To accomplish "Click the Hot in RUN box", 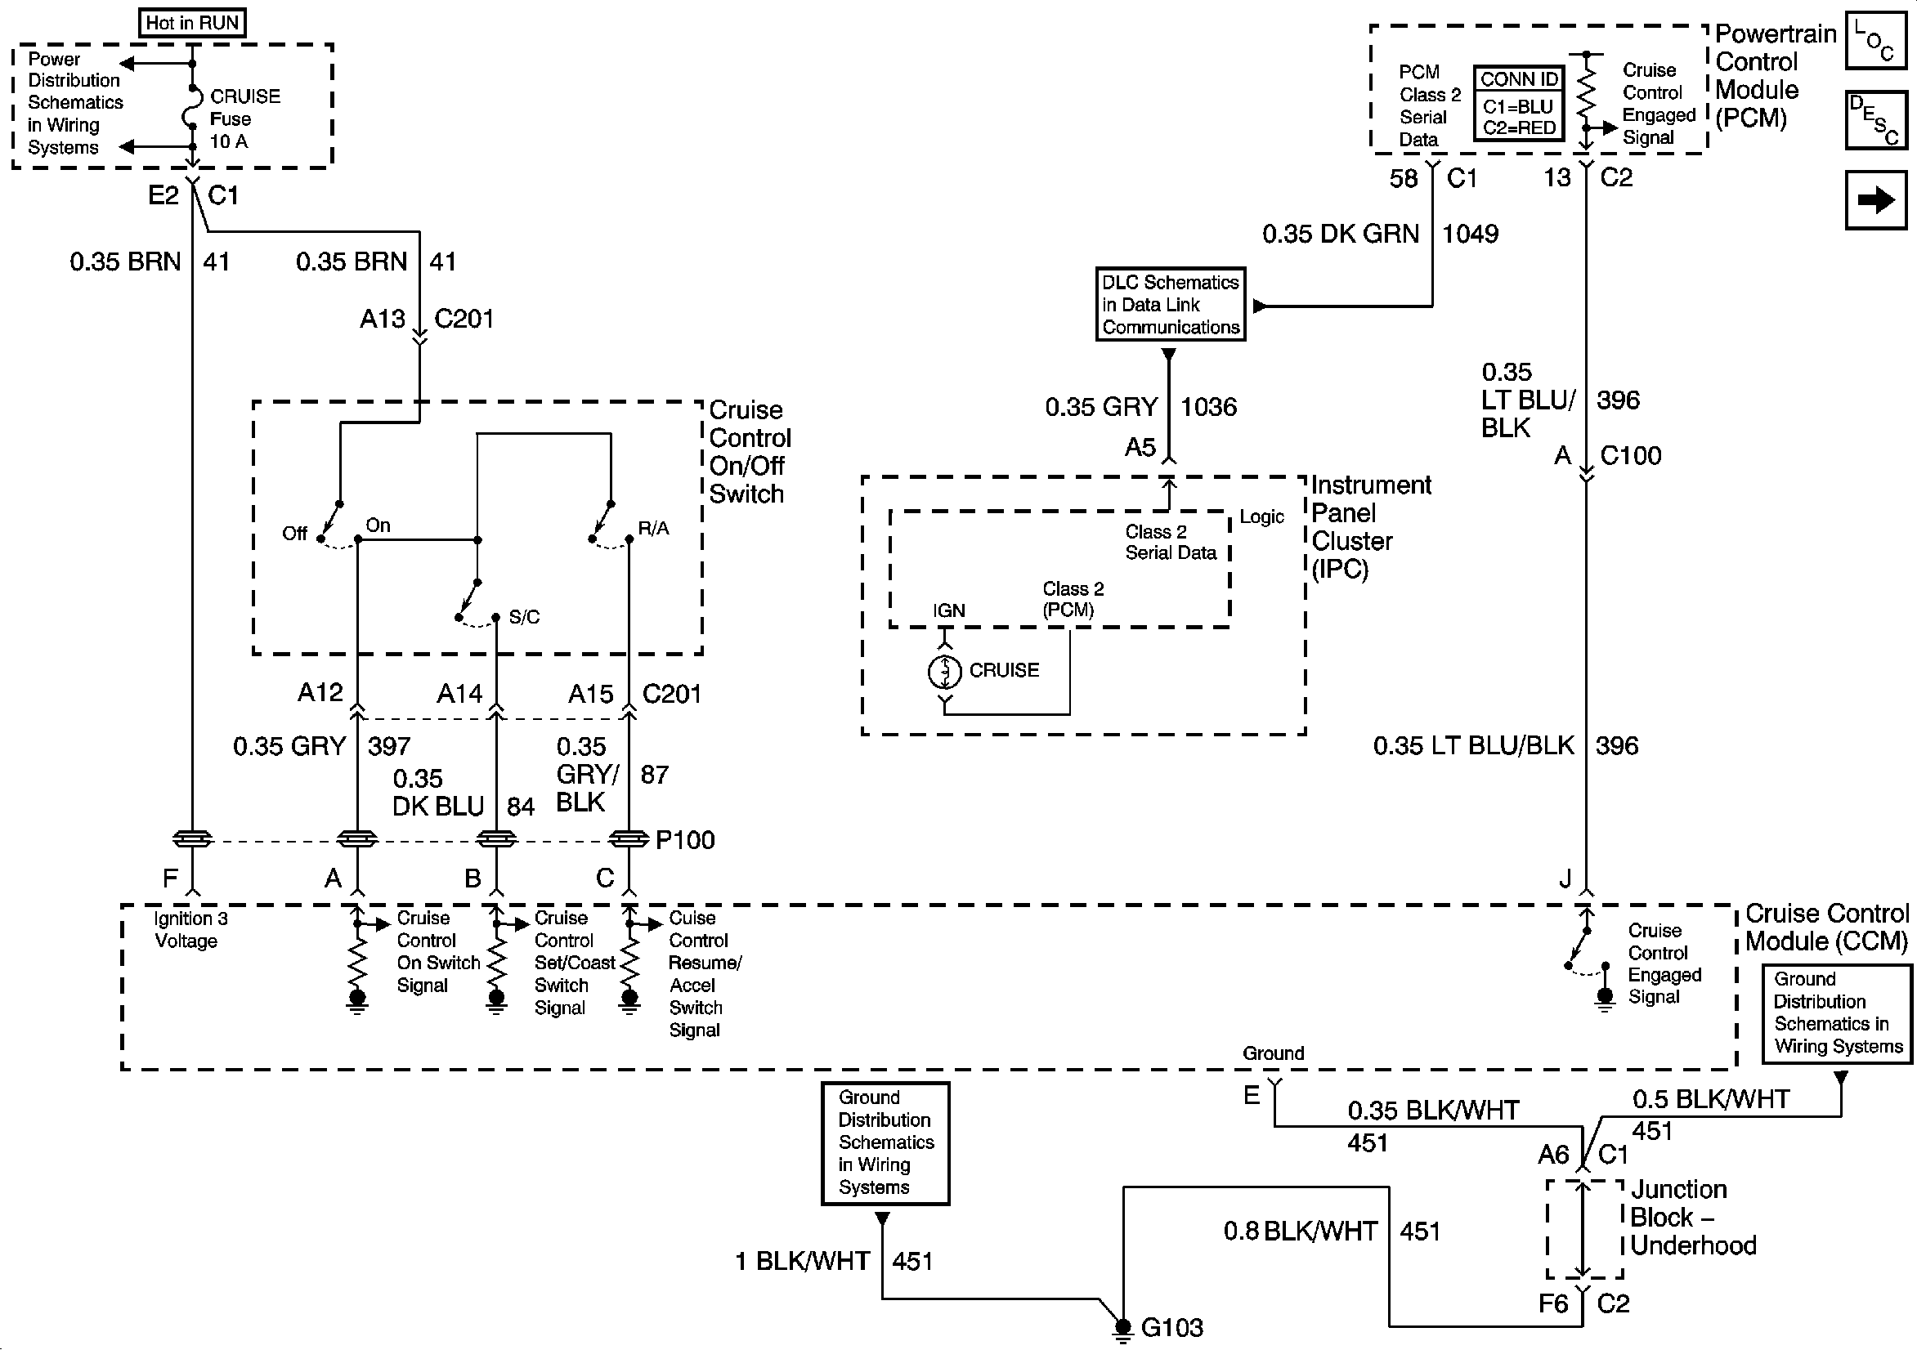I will click(192, 23).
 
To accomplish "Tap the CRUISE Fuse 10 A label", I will click(244, 118).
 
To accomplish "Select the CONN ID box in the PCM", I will click(1519, 105).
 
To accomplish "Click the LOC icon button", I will click(1876, 40).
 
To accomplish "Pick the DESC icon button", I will click(1876, 119).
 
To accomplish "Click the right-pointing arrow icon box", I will click(1876, 199).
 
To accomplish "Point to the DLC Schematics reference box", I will click(1170, 305).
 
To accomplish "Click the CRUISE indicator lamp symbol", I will click(944, 670).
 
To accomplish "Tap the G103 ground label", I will click(1171, 1327).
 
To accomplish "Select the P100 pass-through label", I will click(685, 840).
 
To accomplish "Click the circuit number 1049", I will click(1471, 234).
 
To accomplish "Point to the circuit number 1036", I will click(1208, 408).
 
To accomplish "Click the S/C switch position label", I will click(523, 617).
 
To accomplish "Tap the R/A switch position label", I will click(653, 529).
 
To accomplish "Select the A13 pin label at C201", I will click(383, 319).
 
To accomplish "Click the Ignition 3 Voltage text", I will click(190, 929).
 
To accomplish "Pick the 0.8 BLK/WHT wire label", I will click(1300, 1232).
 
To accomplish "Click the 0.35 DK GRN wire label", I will click(1340, 234).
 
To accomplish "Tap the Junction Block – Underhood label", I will click(1692, 1218).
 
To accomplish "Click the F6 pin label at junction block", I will click(1553, 1303).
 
